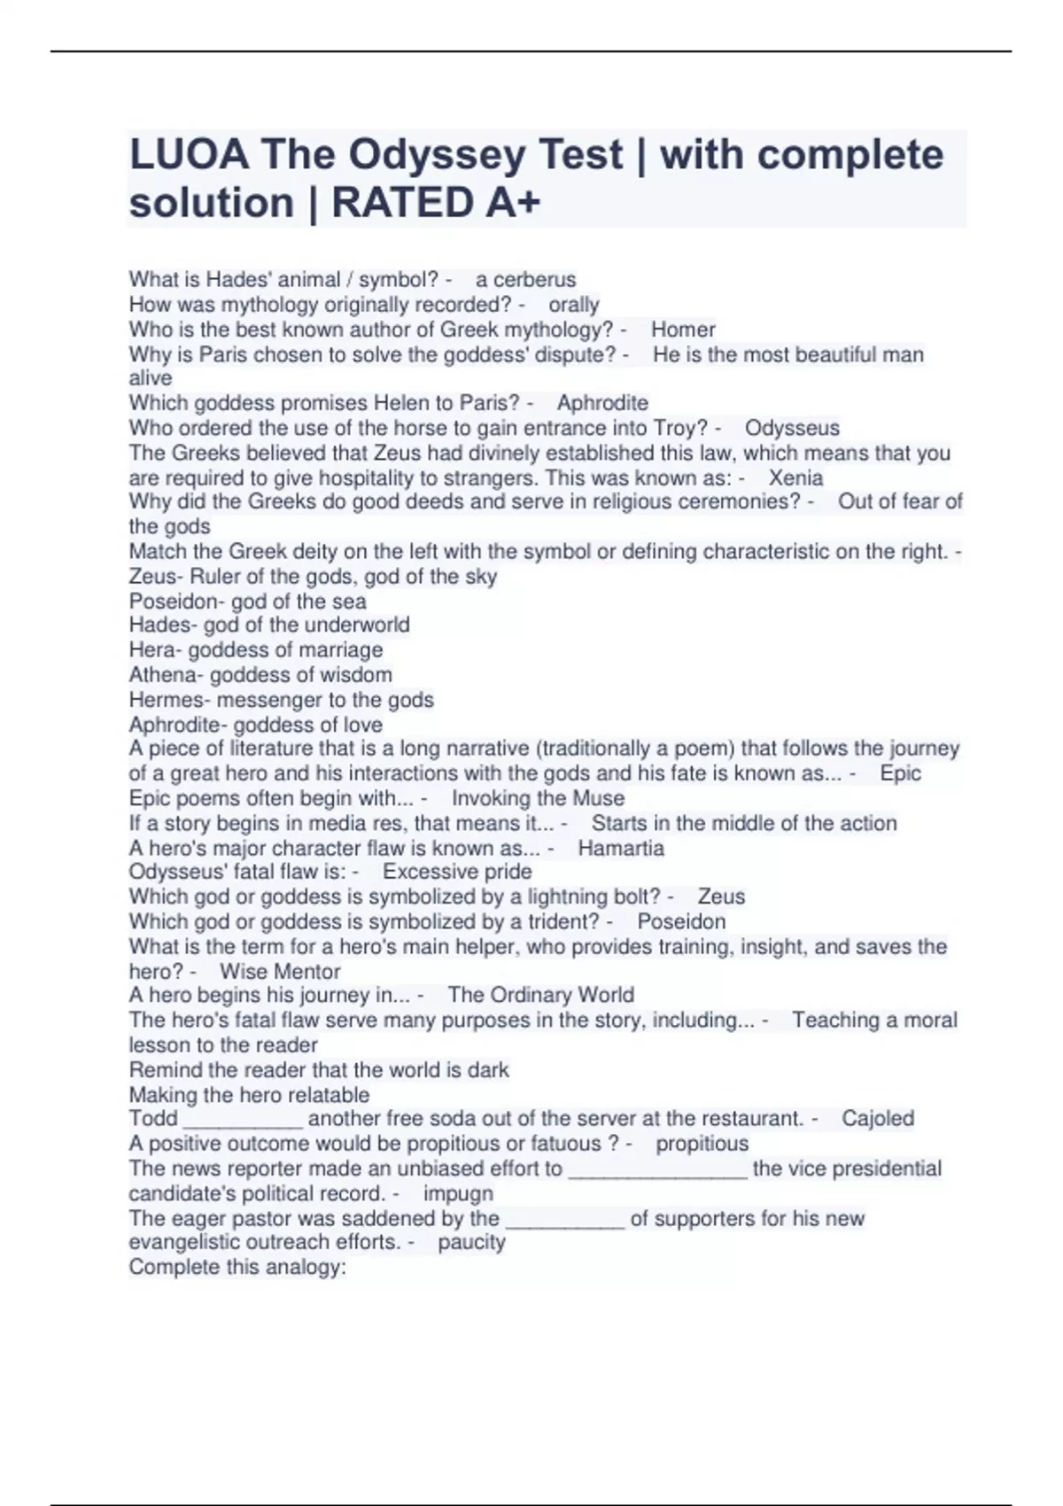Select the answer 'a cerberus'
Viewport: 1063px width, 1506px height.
click(525, 280)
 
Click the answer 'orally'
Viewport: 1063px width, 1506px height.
click(574, 305)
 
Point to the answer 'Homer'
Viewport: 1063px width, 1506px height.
click(683, 330)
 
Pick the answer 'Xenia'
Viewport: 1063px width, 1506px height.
click(795, 478)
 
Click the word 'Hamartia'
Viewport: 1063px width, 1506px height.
click(620, 849)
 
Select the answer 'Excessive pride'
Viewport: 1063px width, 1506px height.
click(457, 872)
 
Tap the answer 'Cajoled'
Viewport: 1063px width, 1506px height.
click(877, 1119)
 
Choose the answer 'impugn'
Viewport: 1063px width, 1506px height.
click(458, 1193)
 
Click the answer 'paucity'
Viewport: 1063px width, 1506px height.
click(471, 1242)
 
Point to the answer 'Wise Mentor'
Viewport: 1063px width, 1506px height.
click(280, 972)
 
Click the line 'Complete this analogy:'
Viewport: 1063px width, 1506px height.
click(237, 1267)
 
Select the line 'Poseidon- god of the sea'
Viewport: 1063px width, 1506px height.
click(247, 602)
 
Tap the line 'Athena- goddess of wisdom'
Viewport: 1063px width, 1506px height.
click(260, 675)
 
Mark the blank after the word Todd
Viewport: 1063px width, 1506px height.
click(243, 1119)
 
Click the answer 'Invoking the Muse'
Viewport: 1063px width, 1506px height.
click(538, 798)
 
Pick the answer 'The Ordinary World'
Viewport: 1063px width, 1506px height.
click(540, 995)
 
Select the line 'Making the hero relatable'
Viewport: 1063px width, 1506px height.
click(249, 1095)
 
